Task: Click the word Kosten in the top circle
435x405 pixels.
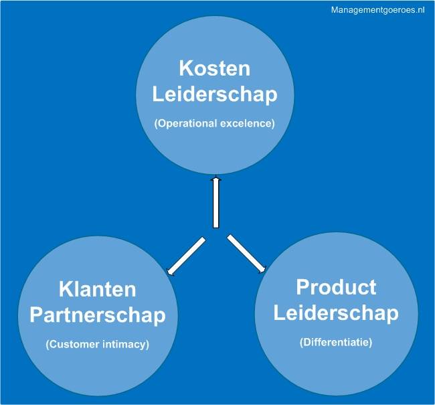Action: [214, 68]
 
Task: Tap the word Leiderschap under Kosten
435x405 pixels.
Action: [214, 94]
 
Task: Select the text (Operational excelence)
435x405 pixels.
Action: [214, 124]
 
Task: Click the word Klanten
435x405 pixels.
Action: [98, 289]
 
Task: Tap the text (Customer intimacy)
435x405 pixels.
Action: [98, 345]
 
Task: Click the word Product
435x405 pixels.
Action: [336, 287]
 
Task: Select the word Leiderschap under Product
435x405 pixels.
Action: [336, 312]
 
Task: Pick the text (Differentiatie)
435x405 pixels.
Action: [336, 342]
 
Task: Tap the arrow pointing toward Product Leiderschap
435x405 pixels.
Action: [246, 254]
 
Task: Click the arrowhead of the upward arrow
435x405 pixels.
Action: [215, 181]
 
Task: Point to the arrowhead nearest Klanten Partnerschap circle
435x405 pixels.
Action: [171, 270]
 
